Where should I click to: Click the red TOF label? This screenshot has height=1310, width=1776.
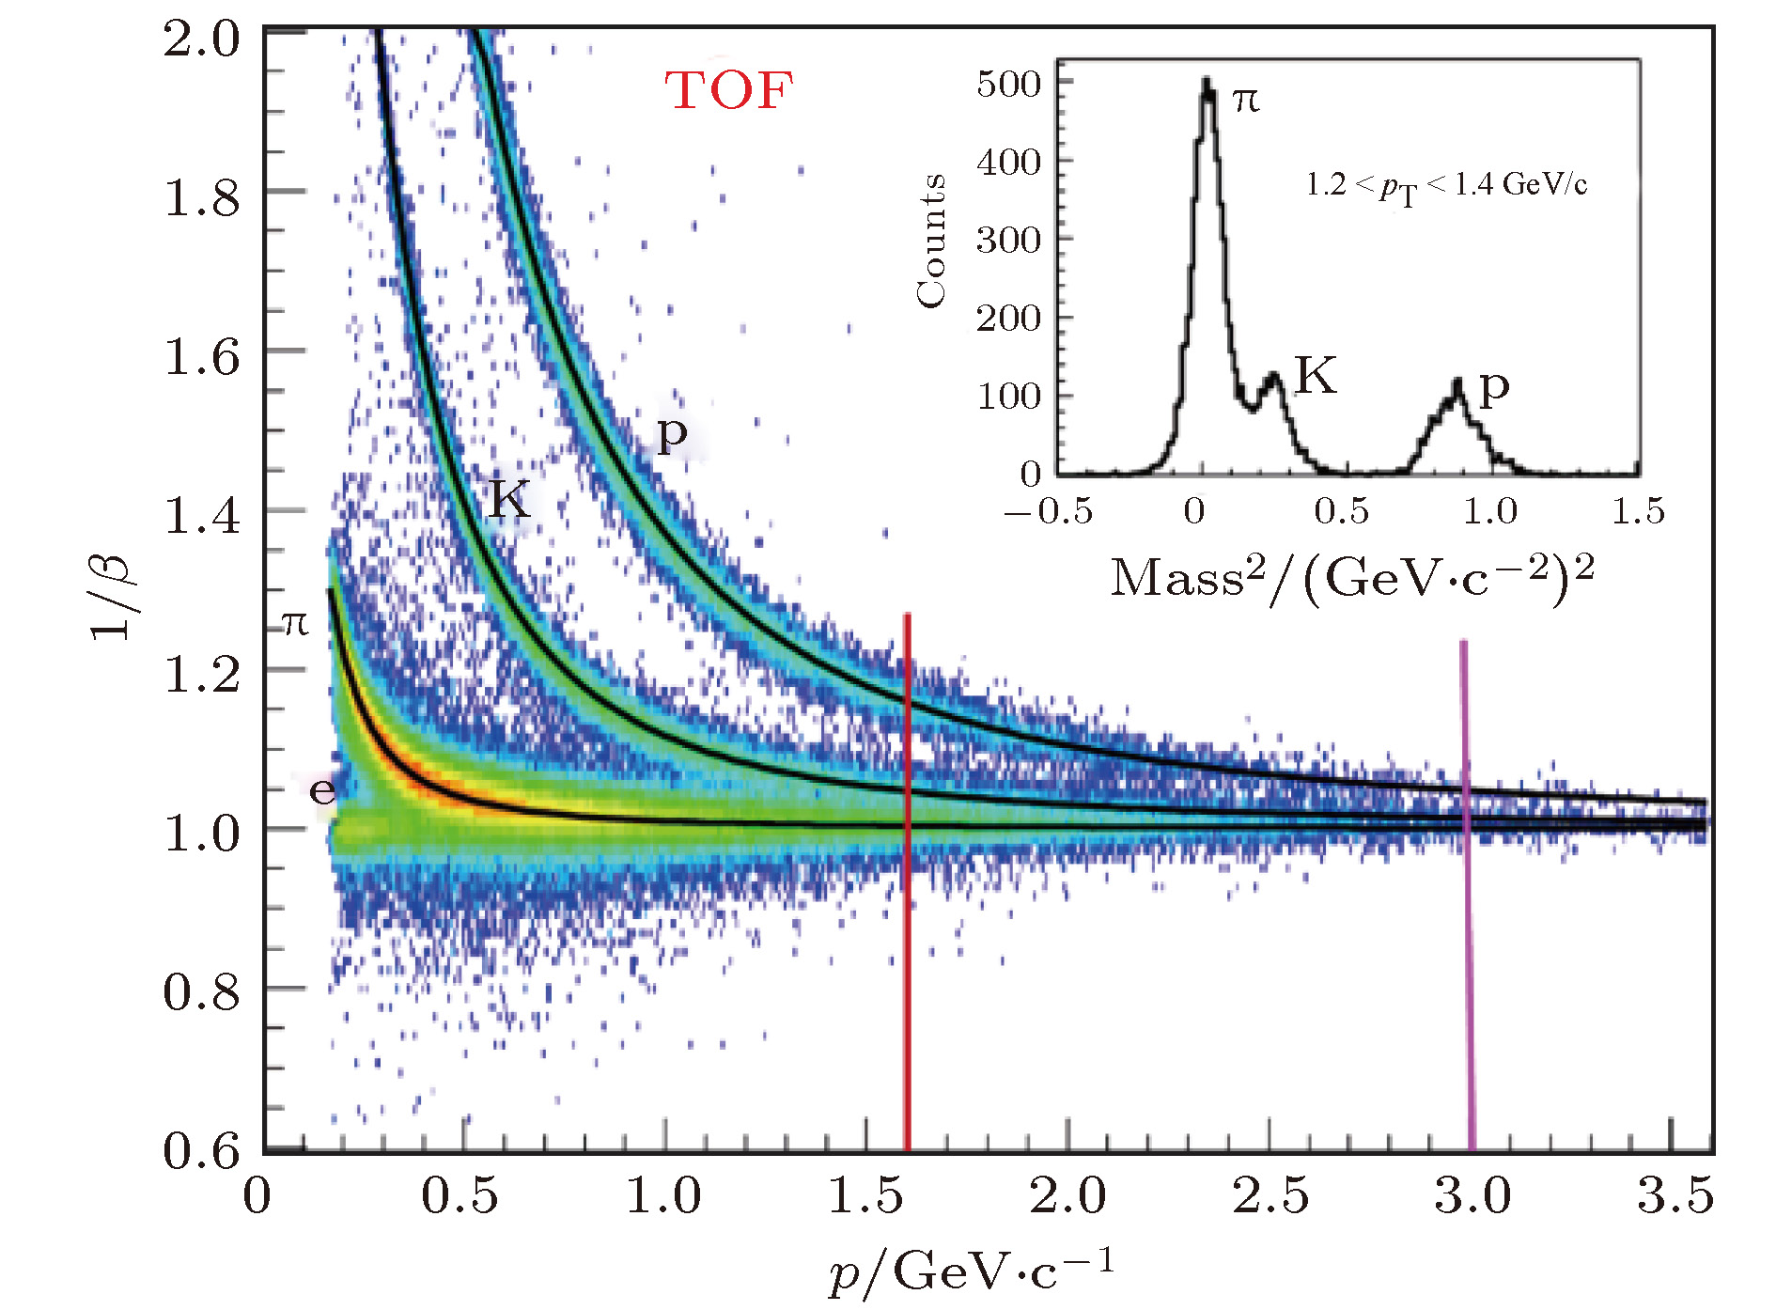coord(729,91)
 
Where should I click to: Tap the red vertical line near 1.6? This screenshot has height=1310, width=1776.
coord(908,883)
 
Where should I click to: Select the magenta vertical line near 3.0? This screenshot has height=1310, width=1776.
coord(1467,893)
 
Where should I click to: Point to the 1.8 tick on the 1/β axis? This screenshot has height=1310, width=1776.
coord(202,197)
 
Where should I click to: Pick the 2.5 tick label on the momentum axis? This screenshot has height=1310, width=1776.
coord(1270,1196)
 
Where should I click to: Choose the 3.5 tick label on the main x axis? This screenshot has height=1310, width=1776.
coord(1675,1196)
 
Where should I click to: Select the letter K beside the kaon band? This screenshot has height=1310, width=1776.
coord(509,498)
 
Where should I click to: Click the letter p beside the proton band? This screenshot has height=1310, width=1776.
coord(672,434)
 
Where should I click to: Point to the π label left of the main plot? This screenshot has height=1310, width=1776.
coord(295,622)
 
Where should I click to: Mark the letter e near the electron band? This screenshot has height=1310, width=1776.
coord(322,790)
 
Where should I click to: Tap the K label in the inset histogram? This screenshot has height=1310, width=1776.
coord(1315,376)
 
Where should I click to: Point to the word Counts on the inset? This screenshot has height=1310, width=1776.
coord(930,241)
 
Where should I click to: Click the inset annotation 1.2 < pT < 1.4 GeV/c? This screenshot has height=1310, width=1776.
coord(1445,185)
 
